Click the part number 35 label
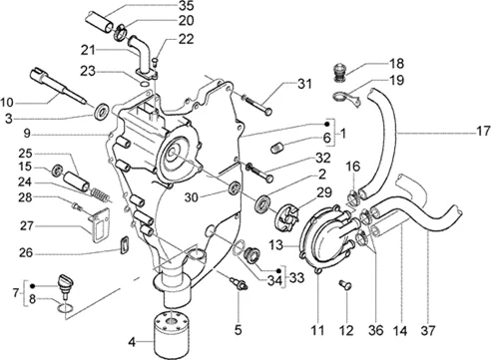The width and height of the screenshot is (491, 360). [x=186, y=6]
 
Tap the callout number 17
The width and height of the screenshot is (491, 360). [x=483, y=131]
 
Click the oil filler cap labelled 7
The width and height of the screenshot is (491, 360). [x=66, y=284]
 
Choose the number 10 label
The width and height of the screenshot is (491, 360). [x=7, y=103]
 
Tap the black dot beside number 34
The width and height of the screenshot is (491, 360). [x=279, y=271]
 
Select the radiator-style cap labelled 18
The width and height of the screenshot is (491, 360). [x=340, y=73]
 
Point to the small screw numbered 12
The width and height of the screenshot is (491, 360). [x=345, y=285]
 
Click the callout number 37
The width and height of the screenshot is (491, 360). [x=428, y=330]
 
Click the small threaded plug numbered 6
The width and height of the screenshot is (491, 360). [x=277, y=148]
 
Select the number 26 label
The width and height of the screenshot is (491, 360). [x=26, y=253]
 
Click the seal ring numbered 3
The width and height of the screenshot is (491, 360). [x=102, y=112]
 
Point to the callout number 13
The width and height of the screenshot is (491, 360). [x=276, y=245]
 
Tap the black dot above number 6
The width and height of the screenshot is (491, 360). [x=327, y=124]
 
